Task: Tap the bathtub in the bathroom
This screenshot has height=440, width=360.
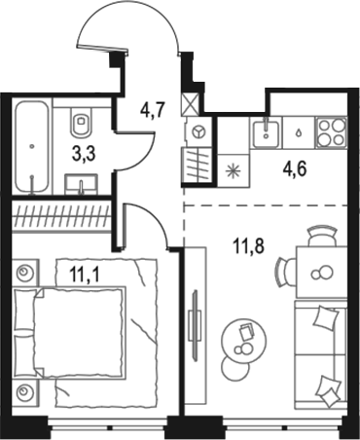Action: (32, 146)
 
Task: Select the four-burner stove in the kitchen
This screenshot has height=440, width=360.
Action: (331, 130)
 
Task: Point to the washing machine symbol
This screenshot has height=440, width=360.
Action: (199, 131)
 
